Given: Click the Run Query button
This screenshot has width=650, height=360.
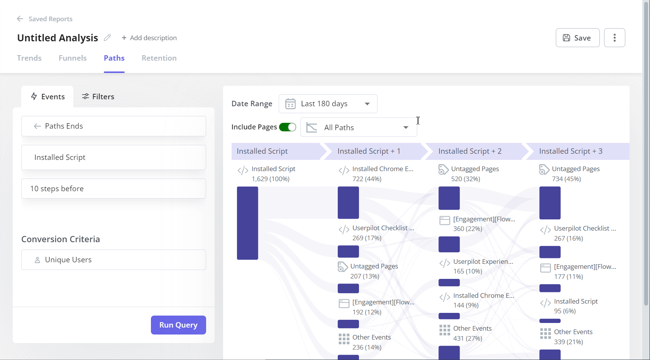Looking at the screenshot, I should [178, 325].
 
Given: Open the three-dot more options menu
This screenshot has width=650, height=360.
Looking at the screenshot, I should [614, 38].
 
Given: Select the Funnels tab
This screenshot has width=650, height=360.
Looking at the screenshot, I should [73, 58].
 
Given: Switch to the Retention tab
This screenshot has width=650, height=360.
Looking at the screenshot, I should [159, 58].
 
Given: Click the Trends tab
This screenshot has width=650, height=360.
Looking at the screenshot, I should [29, 58].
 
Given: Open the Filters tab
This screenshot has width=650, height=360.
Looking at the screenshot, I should [98, 97].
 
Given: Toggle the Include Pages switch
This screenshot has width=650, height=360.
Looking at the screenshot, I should [288, 127].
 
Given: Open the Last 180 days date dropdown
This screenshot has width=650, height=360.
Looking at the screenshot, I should [328, 104].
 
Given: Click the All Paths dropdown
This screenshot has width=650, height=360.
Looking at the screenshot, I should [359, 127].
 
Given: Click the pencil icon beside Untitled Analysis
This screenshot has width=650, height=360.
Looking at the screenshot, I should [107, 37].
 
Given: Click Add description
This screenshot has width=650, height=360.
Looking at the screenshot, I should [149, 38].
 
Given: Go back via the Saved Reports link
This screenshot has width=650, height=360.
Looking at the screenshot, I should [45, 19].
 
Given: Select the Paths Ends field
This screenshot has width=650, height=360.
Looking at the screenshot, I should [113, 126].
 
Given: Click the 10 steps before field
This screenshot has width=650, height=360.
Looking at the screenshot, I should [113, 188].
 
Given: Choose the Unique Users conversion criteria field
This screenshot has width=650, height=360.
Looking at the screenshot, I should [113, 260].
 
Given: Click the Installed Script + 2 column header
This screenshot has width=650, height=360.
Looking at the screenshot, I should [470, 151].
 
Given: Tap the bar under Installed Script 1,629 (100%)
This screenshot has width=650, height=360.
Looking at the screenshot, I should [247, 223].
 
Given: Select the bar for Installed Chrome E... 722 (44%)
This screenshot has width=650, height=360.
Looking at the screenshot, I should [348, 203].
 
